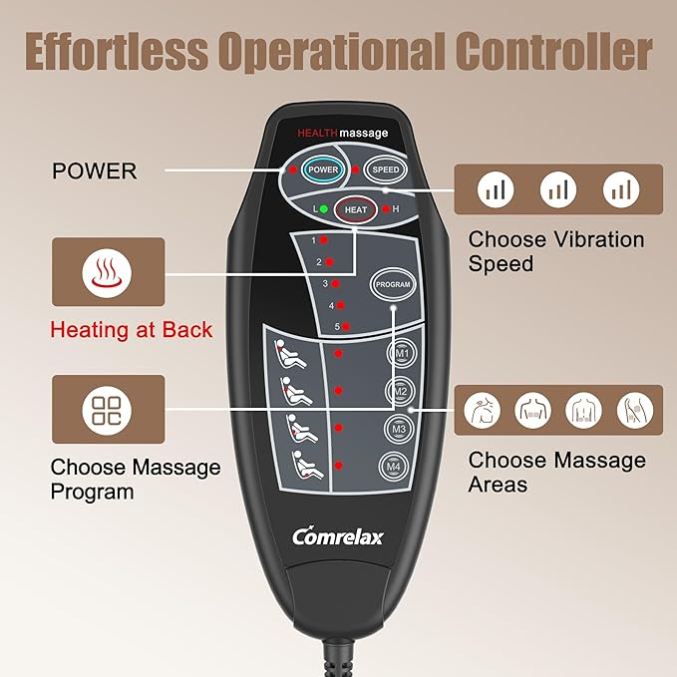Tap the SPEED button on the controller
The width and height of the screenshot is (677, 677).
[x=386, y=169]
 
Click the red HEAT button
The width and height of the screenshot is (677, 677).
[x=355, y=209]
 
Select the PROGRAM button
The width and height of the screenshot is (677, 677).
[x=393, y=284]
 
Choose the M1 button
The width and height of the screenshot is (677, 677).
[x=402, y=354]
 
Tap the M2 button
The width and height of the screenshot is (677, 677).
[x=400, y=391]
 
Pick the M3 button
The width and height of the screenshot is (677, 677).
[x=399, y=429]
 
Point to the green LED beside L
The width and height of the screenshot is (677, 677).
[x=323, y=209]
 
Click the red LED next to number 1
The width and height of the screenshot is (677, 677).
[x=323, y=240]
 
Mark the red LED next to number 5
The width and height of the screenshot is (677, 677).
[x=346, y=327]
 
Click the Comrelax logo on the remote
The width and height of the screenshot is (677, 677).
[x=338, y=536]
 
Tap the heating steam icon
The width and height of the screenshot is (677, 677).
[x=107, y=273]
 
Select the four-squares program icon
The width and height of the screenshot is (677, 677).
[x=107, y=410]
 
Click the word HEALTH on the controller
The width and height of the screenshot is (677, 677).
[x=317, y=133]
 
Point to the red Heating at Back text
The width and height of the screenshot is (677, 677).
[x=132, y=330]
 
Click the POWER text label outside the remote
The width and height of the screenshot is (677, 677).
[x=94, y=170]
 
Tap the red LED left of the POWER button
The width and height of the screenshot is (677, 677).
[x=293, y=169]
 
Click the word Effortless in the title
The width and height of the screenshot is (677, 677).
[x=116, y=51]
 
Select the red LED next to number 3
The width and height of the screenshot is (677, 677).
[x=335, y=284]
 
